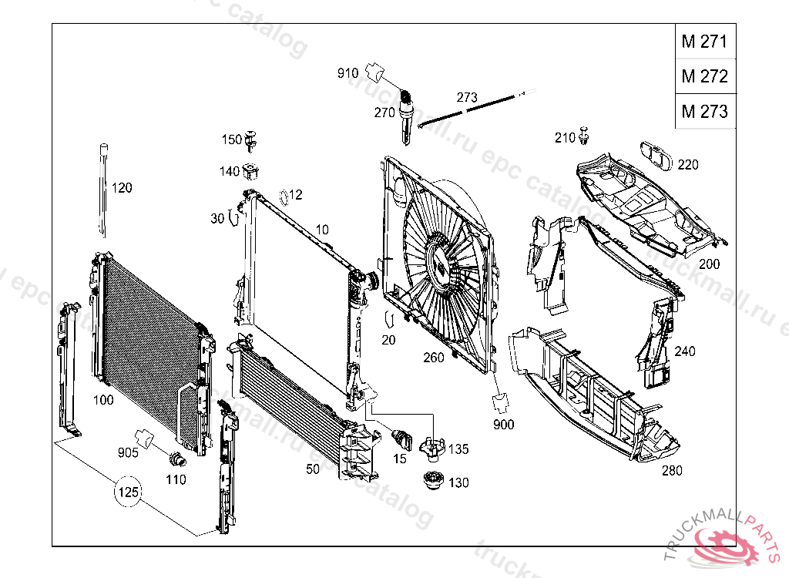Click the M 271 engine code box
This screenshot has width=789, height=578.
tap(703, 42)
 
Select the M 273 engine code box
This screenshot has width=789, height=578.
tap(703, 111)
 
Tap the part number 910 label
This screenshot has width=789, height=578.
tap(347, 73)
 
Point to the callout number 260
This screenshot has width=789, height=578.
tap(434, 358)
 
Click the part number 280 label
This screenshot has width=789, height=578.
tap(672, 471)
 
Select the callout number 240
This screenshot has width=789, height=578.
tap(684, 351)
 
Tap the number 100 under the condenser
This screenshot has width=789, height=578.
tap(103, 400)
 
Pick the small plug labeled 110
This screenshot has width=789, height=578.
tap(177, 461)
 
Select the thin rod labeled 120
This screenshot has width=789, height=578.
tap(102, 189)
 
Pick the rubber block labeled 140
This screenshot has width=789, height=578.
tap(250, 171)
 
